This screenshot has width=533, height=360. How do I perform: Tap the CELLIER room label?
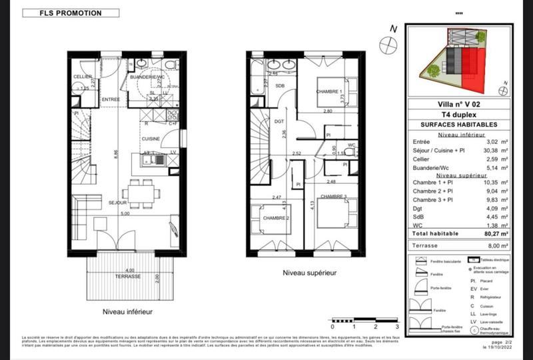pyautogui.click(x=83, y=77)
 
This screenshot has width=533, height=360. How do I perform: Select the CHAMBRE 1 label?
pyautogui.click(x=328, y=91)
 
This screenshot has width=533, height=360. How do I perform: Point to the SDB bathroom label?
pyautogui.click(x=280, y=86)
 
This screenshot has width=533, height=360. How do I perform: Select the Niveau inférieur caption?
pyautogui.click(x=127, y=311)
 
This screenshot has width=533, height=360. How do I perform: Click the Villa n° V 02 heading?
pyautogui.click(x=458, y=104)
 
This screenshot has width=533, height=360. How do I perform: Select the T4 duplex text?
pyautogui.click(x=458, y=115)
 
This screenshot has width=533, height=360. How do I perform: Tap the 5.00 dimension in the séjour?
pyautogui.click(x=125, y=214)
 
